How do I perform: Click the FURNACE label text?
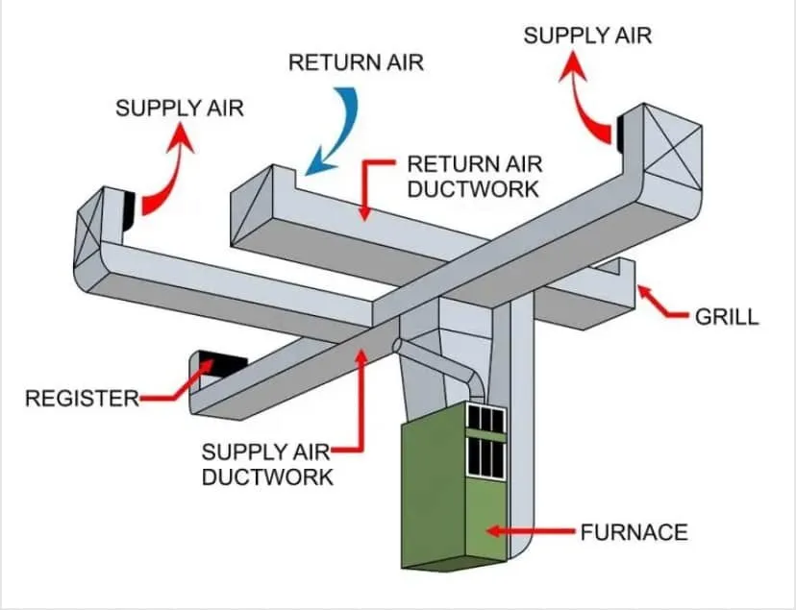[x=634, y=530]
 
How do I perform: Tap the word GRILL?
[x=726, y=316]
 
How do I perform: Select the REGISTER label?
[x=82, y=398]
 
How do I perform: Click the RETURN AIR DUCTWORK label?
[x=472, y=175]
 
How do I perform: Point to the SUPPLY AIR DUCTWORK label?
[x=267, y=463]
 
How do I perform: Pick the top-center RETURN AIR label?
[x=356, y=63]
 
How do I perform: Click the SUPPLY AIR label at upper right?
[x=587, y=36]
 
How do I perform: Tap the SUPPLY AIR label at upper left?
[x=180, y=108]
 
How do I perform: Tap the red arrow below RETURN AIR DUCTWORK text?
[x=365, y=188]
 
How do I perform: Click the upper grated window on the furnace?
[x=485, y=419]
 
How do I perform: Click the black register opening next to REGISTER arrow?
[x=223, y=363]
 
